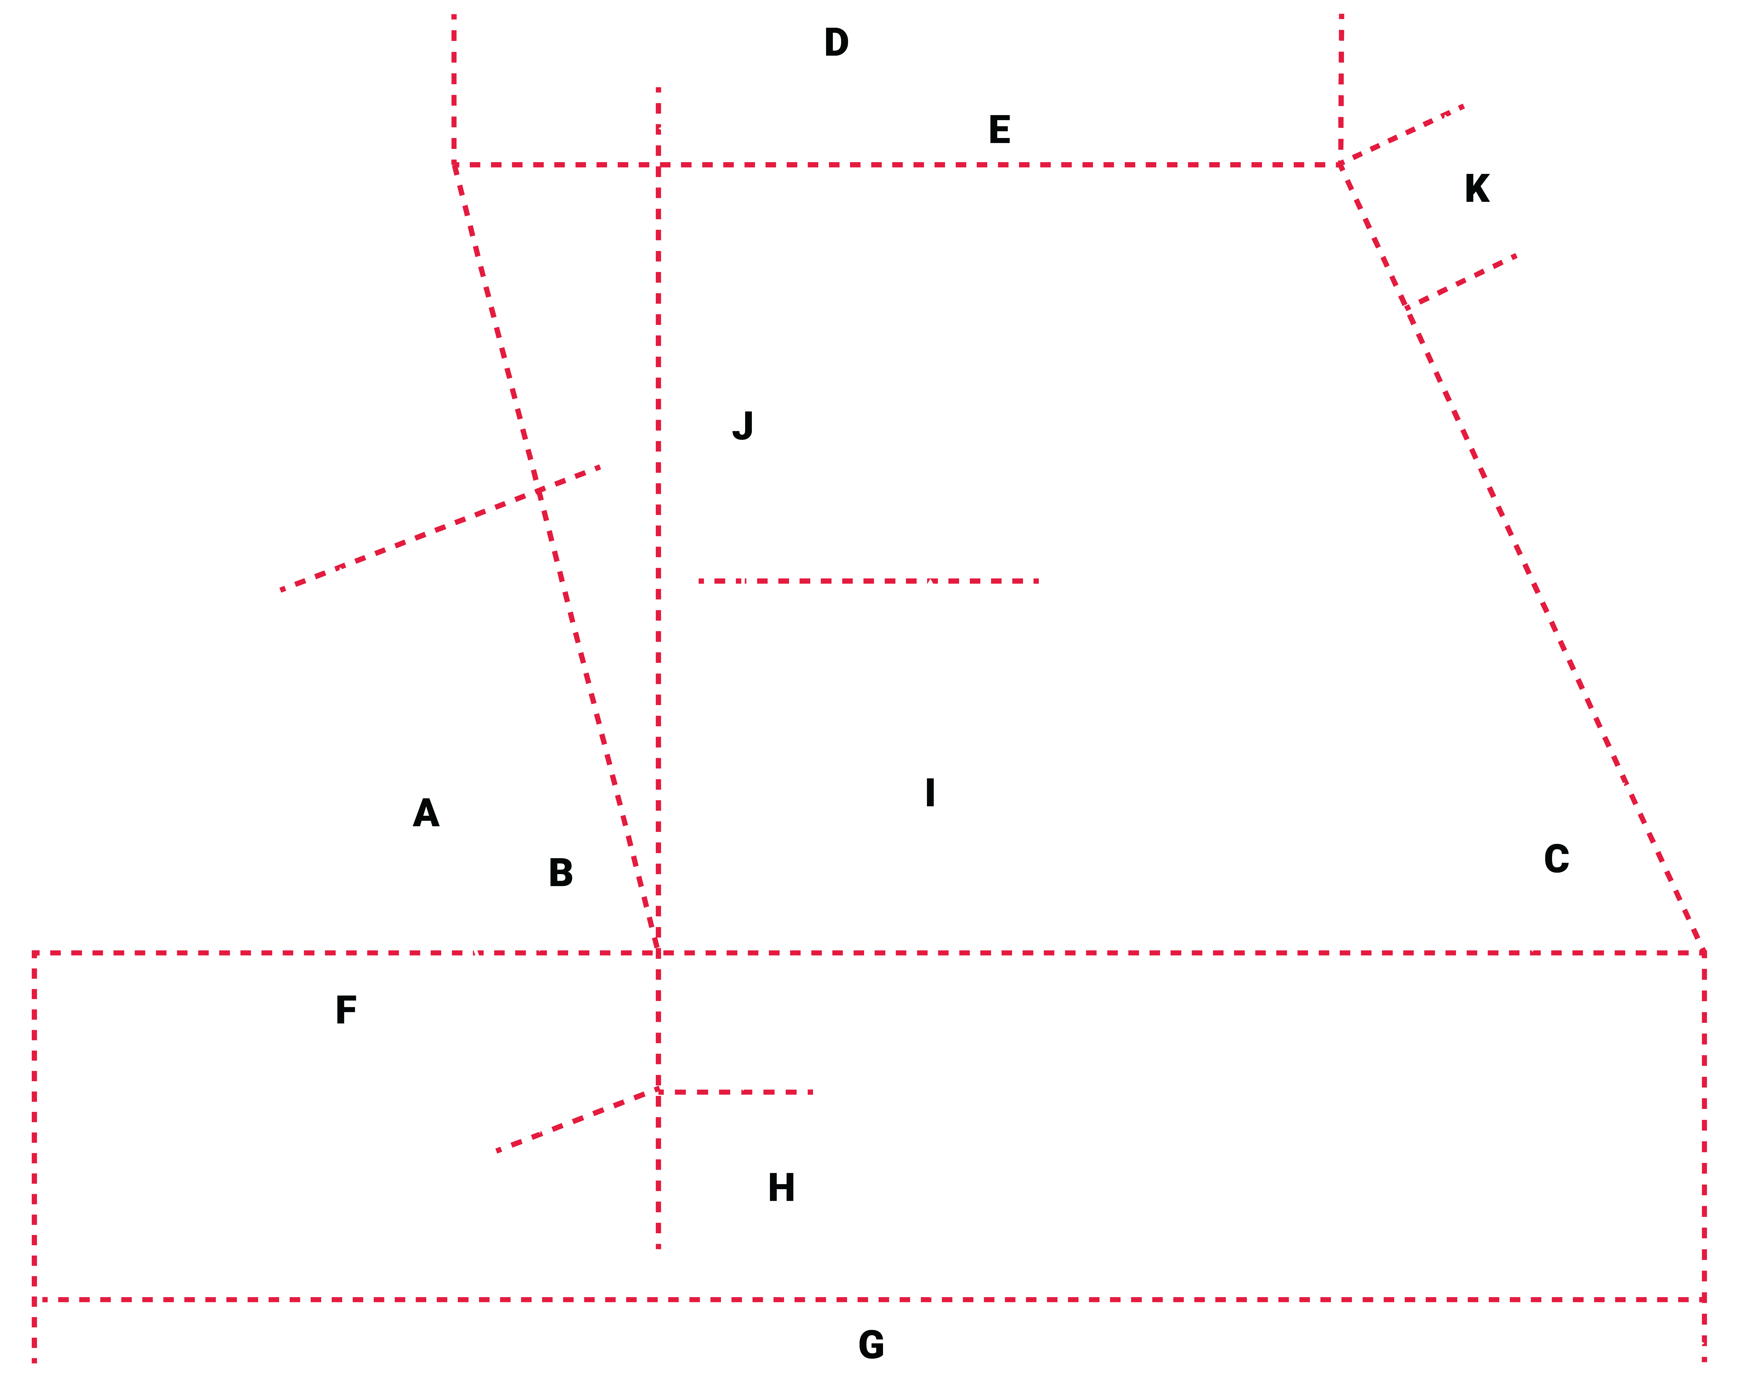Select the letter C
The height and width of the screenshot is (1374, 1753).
[1557, 859]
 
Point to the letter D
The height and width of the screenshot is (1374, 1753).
[836, 43]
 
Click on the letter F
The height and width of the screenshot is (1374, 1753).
[346, 1010]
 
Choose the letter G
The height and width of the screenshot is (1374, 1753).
[872, 1345]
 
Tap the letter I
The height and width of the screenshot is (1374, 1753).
[931, 793]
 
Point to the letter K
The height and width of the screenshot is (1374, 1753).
[1477, 189]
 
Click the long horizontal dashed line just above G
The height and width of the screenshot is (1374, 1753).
[869, 1299]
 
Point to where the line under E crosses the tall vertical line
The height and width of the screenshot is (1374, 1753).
[658, 165]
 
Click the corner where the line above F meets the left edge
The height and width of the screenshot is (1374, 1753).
[35, 953]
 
